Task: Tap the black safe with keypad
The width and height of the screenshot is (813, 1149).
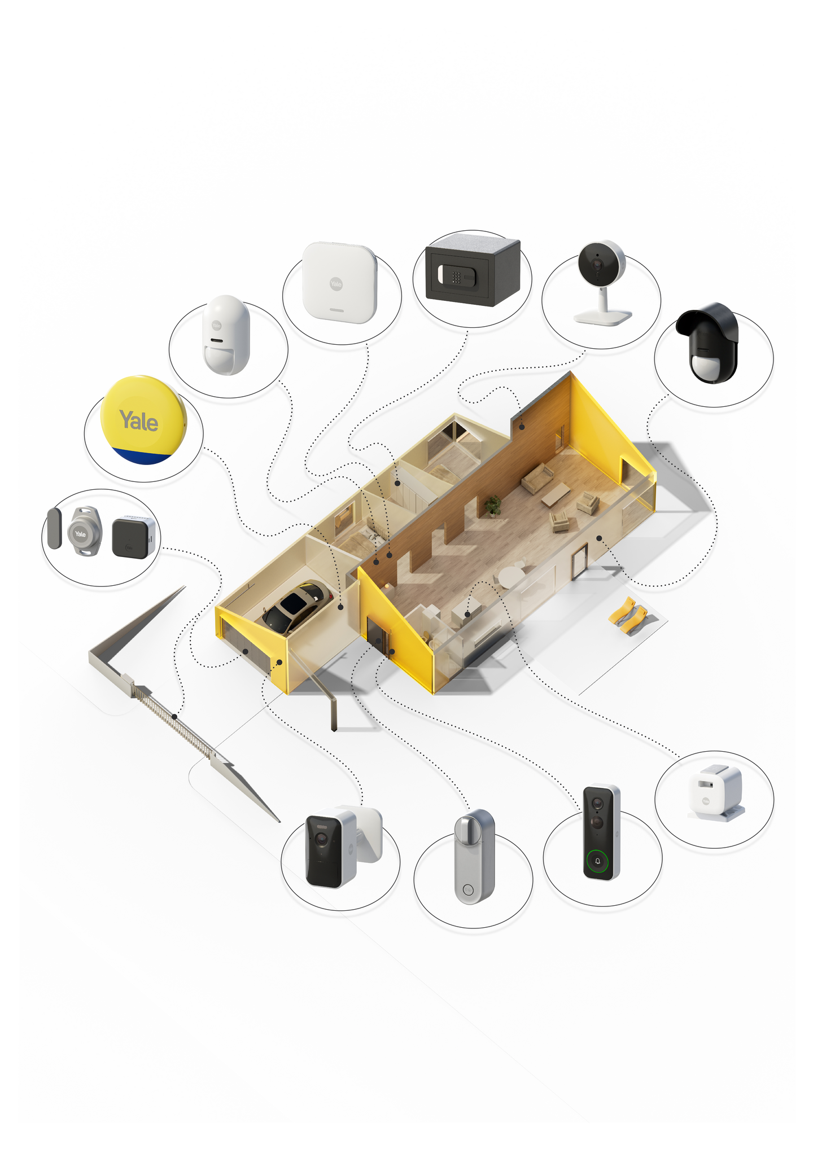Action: coord(471,270)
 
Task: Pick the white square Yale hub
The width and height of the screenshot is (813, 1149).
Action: coord(339,283)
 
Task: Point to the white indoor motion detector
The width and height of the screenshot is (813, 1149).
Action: coord(226,335)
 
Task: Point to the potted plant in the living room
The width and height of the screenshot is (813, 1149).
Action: coord(493,505)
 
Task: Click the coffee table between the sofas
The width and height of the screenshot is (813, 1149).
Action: coord(556,495)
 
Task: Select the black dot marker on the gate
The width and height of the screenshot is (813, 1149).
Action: coord(174,717)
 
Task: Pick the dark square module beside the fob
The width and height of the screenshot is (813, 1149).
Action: coord(132,538)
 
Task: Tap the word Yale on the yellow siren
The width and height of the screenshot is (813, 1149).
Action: coord(139,421)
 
